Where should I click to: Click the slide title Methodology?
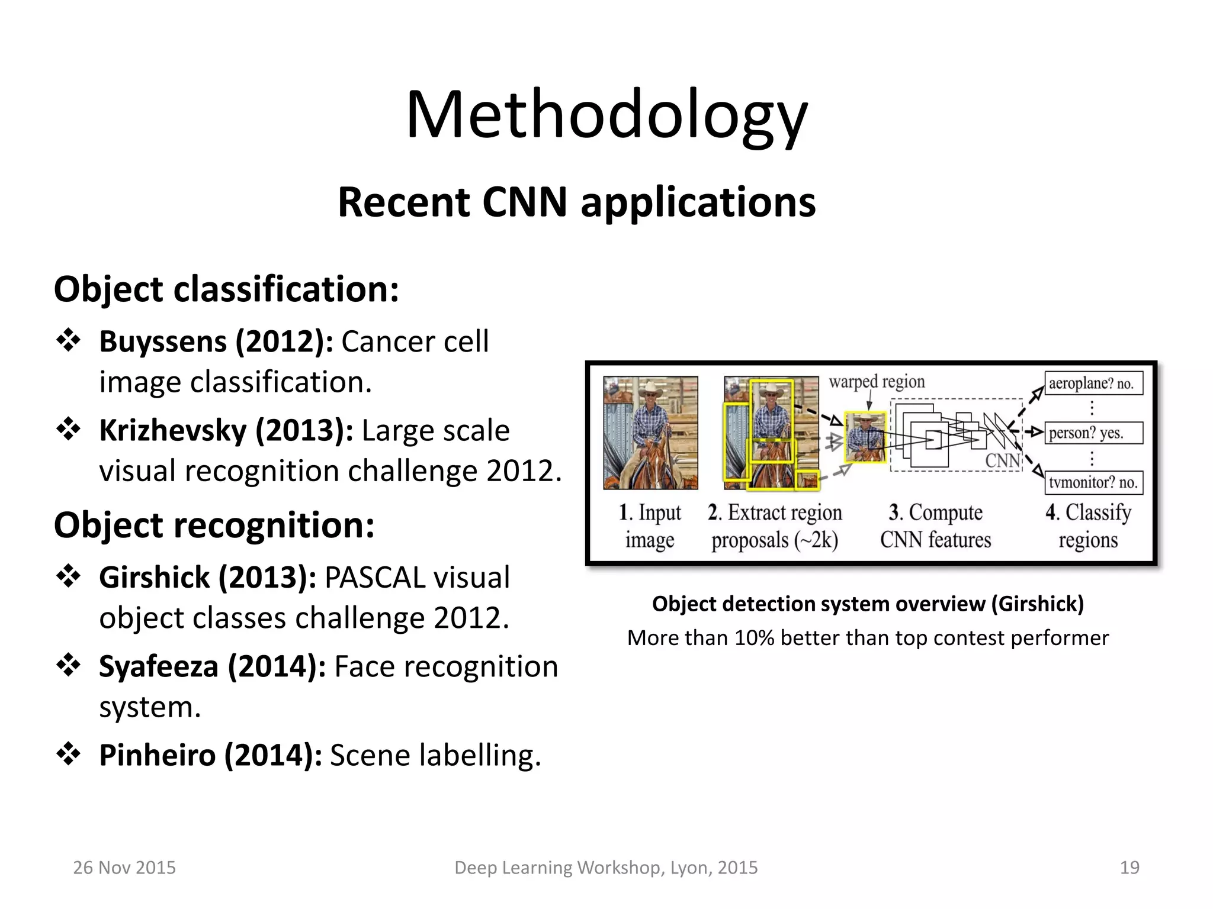(x=606, y=115)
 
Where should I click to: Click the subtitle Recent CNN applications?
(x=576, y=203)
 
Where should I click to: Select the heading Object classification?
(x=226, y=289)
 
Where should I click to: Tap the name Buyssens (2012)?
(x=216, y=341)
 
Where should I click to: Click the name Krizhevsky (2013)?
(x=226, y=430)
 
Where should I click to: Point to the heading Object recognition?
(x=214, y=525)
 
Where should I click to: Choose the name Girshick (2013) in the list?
(x=207, y=578)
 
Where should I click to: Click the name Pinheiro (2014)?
(x=210, y=755)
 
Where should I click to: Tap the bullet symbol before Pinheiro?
(x=68, y=754)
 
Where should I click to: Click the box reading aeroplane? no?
(x=1093, y=383)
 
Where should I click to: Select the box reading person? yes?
(x=1093, y=433)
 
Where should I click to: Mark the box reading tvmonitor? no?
(x=1093, y=482)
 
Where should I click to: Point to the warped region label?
(x=877, y=382)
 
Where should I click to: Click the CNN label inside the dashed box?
(x=1002, y=460)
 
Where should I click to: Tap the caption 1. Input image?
(x=650, y=526)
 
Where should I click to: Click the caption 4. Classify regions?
(x=1088, y=526)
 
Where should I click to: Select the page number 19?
(x=1129, y=868)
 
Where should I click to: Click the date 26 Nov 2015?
(x=124, y=868)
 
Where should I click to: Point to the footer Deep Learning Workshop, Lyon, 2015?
(x=605, y=868)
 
